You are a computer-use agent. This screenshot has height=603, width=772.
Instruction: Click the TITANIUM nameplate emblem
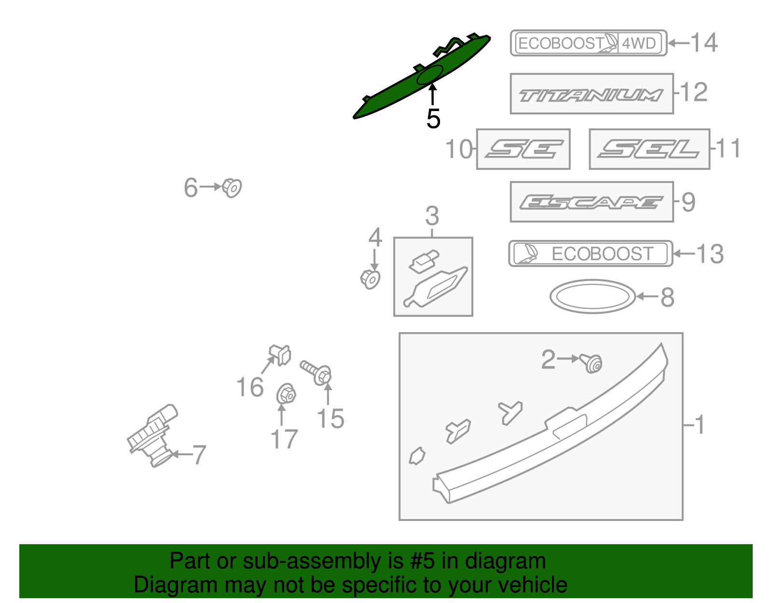click(x=592, y=95)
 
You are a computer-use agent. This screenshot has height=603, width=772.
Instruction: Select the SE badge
click(x=524, y=149)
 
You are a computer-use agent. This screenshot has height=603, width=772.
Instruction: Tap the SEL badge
click(x=649, y=149)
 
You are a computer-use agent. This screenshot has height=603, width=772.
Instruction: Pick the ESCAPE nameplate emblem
click(x=592, y=202)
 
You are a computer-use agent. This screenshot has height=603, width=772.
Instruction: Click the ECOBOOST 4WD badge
click(x=588, y=43)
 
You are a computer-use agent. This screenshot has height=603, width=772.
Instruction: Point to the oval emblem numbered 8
click(x=593, y=296)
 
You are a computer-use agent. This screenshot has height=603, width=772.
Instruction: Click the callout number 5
click(x=433, y=119)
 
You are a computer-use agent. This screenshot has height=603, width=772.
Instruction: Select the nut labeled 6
click(x=232, y=187)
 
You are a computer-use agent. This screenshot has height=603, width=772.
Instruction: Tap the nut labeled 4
click(x=371, y=279)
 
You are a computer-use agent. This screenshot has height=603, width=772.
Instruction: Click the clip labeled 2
click(x=592, y=363)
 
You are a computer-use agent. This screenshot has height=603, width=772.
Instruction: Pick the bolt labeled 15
click(x=317, y=372)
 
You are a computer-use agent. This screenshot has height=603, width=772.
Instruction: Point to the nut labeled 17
click(x=286, y=394)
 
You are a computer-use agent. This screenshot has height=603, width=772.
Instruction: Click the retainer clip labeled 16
click(x=280, y=355)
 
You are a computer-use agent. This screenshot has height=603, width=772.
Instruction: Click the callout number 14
click(x=704, y=43)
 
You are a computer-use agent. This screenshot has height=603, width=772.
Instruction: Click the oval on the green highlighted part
click(x=429, y=75)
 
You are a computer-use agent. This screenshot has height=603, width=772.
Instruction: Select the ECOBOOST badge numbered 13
click(x=591, y=254)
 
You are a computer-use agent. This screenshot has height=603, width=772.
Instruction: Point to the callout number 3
click(x=432, y=216)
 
